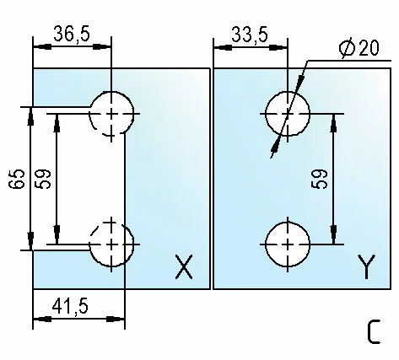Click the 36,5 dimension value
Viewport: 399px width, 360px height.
[72, 34]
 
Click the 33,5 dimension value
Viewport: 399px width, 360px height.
[250, 35]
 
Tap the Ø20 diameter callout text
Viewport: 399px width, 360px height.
[359, 48]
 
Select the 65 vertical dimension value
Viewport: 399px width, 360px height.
[17, 179]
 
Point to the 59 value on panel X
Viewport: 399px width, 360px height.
[43, 179]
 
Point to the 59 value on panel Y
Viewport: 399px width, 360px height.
[320, 179]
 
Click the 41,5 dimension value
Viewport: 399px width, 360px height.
[70, 306]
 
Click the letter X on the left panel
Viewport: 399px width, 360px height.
[184, 266]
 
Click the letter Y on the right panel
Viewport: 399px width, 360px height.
[367, 266]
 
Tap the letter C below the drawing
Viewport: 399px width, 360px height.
[374, 332]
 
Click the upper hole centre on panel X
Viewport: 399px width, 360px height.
[111, 114]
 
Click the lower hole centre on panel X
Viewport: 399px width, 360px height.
[111, 244]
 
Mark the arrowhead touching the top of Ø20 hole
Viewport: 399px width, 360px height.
[300, 81]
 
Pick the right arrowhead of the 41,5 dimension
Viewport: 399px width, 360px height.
[116, 320]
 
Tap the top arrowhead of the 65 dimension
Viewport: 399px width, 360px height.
[30, 116]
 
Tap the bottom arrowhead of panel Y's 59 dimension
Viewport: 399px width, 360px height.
[334, 235]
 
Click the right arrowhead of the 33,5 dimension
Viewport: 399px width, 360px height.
[278, 47]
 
